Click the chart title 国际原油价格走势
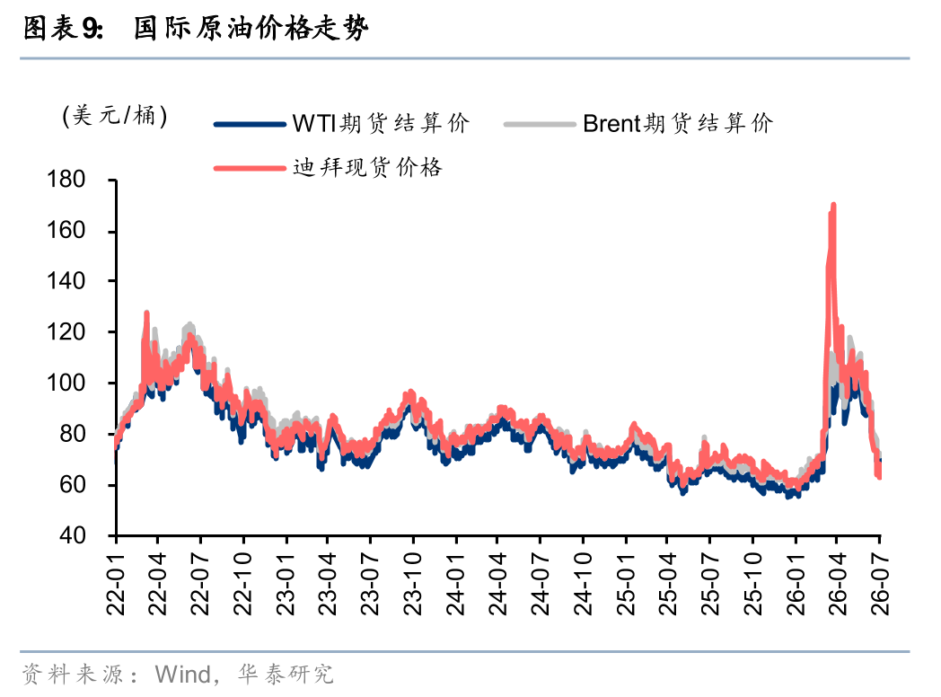(x=251, y=28)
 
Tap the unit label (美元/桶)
(x=115, y=115)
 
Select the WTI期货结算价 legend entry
(x=342, y=124)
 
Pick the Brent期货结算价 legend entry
(x=638, y=124)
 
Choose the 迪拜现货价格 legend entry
(x=329, y=167)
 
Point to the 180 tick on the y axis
(x=66, y=180)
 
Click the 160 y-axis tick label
(x=66, y=231)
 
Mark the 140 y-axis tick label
(x=66, y=281)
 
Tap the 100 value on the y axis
(x=66, y=383)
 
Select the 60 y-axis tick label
(x=73, y=484)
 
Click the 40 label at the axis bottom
(x=73, y=535)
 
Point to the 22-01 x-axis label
(x=115, y=584)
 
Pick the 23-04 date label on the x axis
(x=327, y=584)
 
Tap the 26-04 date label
(x=837, y=584)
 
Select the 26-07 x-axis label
(x=879, y=584)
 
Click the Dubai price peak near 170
(x=833, y=206)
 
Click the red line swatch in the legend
(x=250, y=168)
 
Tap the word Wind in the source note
(x=182, y=675)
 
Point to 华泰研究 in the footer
(x=286, y=675)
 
